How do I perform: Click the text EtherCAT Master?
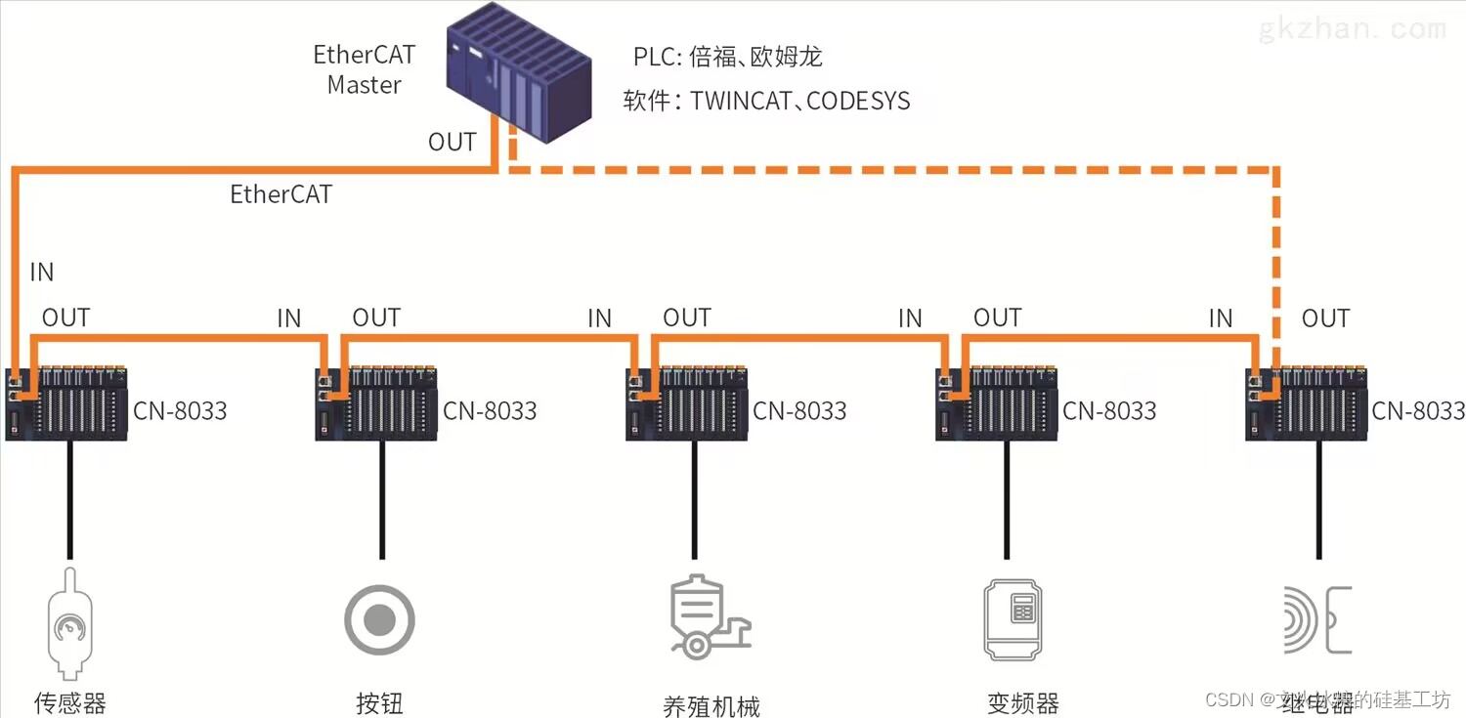[x=364, y=69]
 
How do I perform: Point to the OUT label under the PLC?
[x=452, y=142]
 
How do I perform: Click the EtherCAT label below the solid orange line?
[x=280, y=193]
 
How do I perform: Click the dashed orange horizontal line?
[x=880, y=170]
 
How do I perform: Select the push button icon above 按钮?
[x=379, y=619]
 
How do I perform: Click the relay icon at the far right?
[x=1315, y=620]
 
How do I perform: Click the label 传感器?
[x=69, y=702]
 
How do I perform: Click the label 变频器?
[x=1022, y=702]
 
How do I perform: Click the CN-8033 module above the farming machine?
[x=687, y=403]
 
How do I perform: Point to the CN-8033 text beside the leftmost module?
[x=180, y=410]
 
